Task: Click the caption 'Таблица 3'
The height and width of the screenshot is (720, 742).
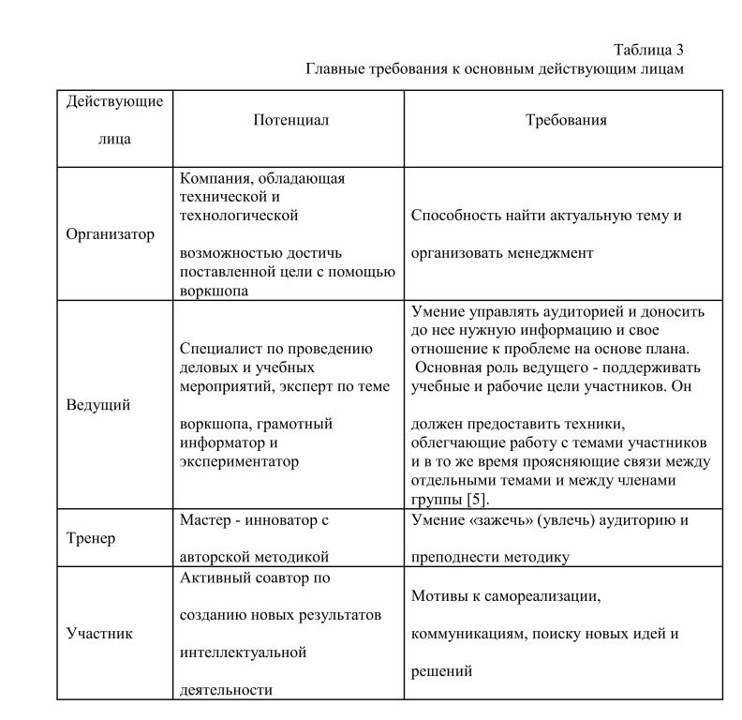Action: [655, 51]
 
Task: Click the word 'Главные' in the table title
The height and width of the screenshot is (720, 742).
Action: [334, 69]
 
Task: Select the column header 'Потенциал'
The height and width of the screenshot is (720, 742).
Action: [290, 120]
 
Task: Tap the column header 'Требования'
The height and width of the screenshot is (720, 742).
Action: [565, 120]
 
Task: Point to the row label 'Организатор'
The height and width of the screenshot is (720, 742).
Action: [111, 234]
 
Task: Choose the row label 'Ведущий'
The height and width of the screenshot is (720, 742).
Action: [98, 405]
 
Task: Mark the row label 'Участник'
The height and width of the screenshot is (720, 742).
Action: [99, 633]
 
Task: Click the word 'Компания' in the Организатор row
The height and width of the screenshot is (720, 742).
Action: [211, 177]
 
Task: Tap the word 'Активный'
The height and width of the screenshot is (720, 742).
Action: [210, 577]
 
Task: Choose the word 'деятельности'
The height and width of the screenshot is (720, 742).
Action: [225, 690]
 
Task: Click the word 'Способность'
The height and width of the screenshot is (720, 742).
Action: [454, 216]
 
